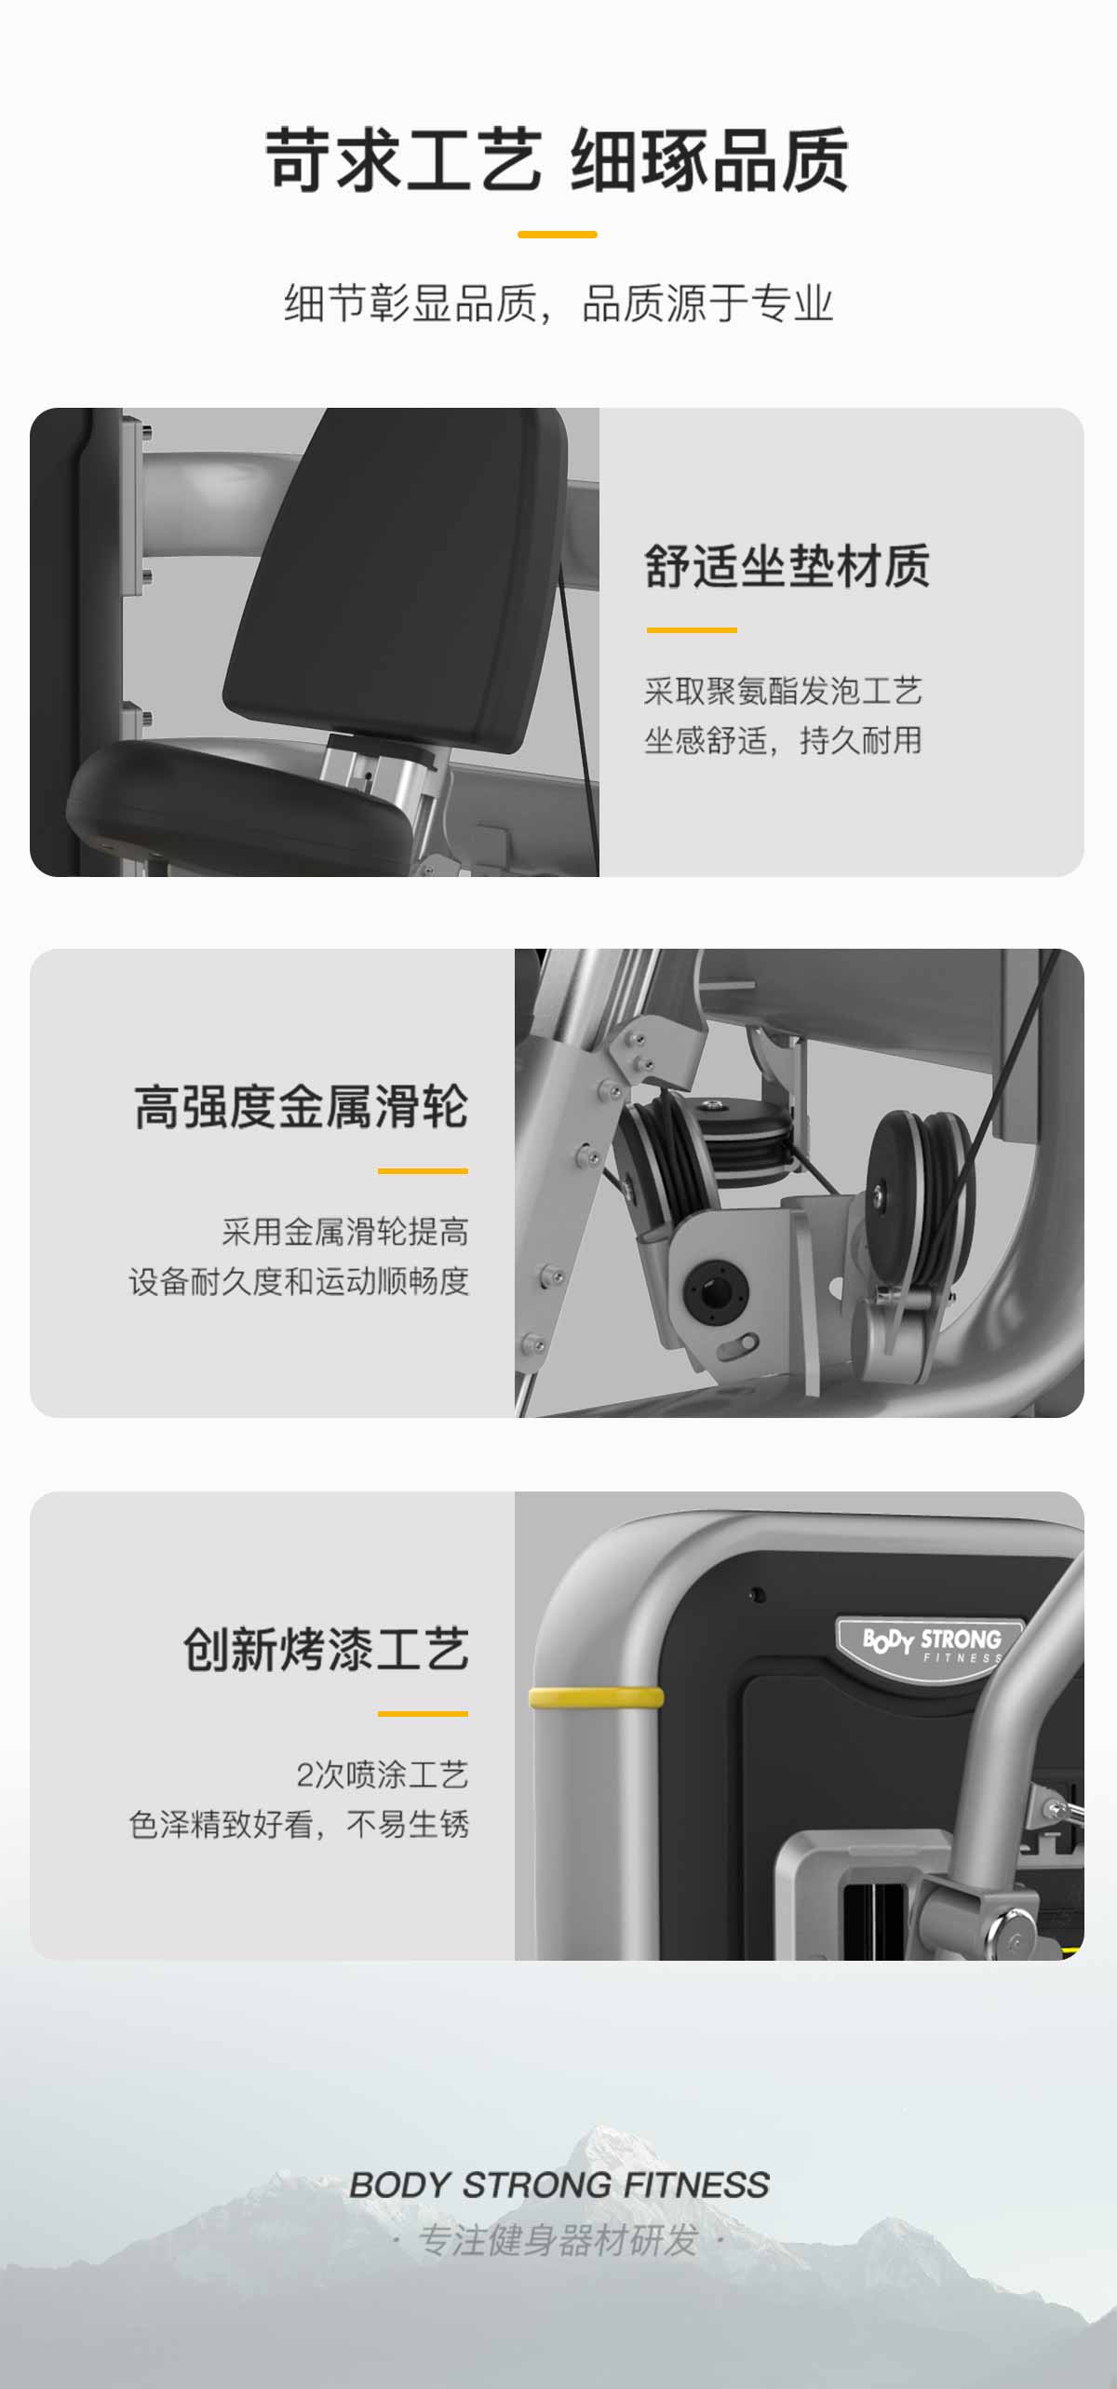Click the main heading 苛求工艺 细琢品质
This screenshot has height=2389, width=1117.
(557, 160)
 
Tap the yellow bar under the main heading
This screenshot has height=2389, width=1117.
(557, 235)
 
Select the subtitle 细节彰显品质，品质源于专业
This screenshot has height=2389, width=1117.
(558, 304)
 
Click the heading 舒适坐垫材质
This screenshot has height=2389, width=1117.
(787, 566)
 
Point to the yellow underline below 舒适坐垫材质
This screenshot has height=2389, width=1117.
(692, 630)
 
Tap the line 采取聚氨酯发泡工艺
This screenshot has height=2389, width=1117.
(783, 691)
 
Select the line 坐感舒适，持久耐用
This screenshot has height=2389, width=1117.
(783, 740)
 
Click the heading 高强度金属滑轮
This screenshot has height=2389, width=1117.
(301, 1107)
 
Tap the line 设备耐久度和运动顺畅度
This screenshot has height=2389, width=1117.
(299, 1281)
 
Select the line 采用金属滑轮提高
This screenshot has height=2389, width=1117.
(345, 1232)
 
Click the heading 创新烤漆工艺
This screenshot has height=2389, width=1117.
(326, 1650)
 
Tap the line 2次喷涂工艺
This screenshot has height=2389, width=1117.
(383, 1775)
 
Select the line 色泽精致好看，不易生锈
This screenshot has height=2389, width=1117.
(299, 1824)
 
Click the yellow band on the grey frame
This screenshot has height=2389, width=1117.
(597, 1697)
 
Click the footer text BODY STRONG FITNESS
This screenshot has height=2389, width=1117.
(559, 2184)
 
